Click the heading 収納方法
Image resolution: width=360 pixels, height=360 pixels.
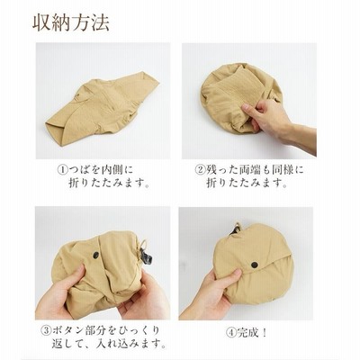click(71, 22)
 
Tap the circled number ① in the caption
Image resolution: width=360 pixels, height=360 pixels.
click(63, 170)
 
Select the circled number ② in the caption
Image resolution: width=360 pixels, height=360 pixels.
click(200, 170)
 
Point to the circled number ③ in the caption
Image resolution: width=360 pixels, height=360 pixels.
click(46, 330)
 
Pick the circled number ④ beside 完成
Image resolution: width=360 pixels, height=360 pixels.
click(231, 333)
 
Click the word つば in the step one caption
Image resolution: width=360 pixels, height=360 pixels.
click(80, 170)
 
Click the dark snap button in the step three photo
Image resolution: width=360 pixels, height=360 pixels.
click(96, 255)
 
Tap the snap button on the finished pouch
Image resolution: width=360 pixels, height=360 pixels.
click(255, 265)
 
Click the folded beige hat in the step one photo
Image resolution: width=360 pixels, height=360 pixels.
click(101, 108)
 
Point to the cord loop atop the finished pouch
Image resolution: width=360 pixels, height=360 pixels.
click(237, 226)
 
